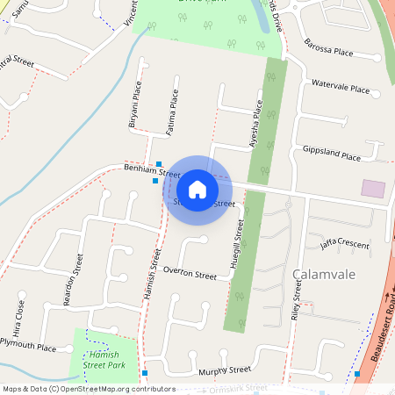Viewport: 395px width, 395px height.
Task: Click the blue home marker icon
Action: click(197, 190)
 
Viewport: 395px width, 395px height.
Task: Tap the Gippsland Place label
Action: click(331, 154)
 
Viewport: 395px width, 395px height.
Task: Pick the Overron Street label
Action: click(190, 274)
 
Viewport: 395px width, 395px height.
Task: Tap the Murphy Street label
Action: click(225, 370)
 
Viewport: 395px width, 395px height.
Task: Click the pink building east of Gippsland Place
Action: click(373, 188)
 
